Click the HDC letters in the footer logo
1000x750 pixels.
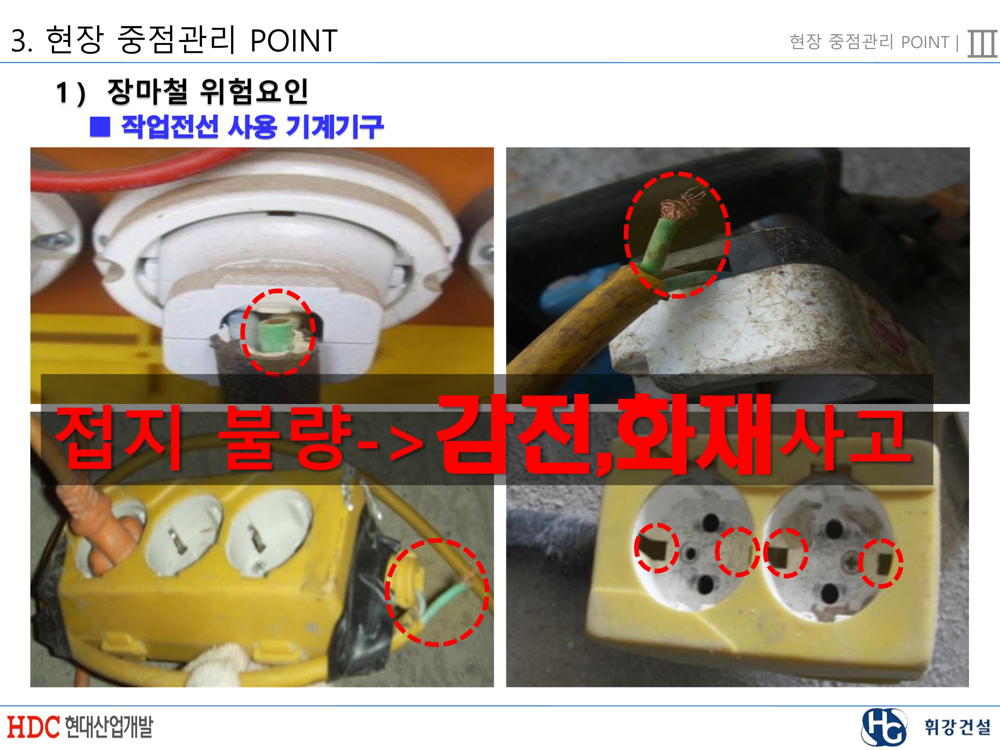33,726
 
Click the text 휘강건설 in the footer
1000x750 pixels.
956,727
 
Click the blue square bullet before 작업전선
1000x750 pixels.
100,127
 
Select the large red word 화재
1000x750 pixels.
692,435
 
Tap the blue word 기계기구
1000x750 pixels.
335,127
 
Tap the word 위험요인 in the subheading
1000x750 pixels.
254,92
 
